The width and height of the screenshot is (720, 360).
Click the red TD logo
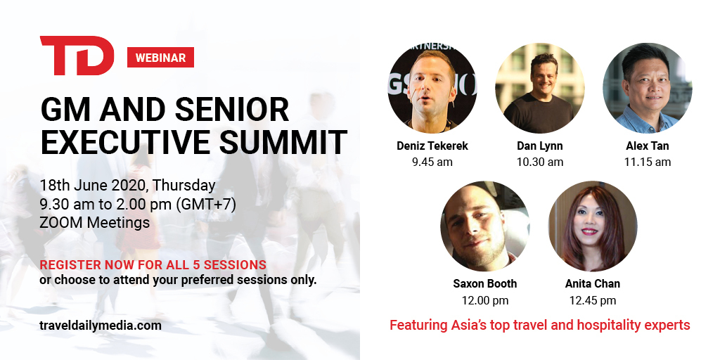[x=77, y=55]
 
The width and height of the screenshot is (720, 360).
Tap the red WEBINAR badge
[x=160, y=58]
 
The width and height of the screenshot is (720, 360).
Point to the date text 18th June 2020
[x=94, y=186]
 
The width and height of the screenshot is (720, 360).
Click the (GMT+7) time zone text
[x=206, y=205]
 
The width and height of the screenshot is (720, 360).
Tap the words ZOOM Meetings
[x=95, y=223]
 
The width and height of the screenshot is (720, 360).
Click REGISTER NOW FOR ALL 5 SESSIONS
[x=153, y=265]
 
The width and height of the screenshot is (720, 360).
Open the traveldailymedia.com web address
[x=101, y=326]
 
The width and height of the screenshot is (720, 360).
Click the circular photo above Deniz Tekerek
[x=432, y=88]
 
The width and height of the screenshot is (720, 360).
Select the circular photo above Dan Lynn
[x=539, y=88]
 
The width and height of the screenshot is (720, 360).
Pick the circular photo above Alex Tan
[x=647, y=88]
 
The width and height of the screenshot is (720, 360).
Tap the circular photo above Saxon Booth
[x=485, y=226]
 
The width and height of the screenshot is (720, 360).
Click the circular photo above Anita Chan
[x=593, y=226]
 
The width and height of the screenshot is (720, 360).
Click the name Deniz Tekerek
[x=432, y=146]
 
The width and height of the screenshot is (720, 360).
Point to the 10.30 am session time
[x=539, y=162]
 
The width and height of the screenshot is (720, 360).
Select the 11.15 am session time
[x=648, y=162]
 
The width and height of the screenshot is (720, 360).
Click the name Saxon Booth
[x=485, y=284]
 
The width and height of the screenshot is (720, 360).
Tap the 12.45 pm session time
[x=593, y=301]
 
